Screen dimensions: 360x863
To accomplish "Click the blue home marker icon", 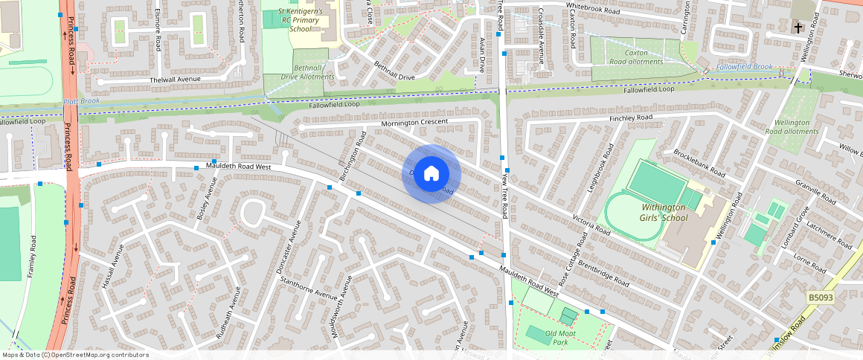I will click(431, 174).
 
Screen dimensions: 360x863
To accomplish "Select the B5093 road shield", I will click(821, 298).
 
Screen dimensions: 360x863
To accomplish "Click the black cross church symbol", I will click(798, 29).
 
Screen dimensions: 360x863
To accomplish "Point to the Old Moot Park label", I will click(556, 338).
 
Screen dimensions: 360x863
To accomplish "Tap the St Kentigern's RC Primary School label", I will click(301, 20).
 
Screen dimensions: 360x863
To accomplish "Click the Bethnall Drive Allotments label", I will click(309, 71).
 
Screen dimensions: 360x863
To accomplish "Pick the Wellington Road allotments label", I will click(792, 126).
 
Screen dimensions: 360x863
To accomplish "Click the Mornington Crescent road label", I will click(414, 122).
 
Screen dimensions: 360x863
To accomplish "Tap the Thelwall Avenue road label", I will click(176, 80).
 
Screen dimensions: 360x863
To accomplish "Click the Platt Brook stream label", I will click(81, 101).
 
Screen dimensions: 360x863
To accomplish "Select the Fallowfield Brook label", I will click(745, 67).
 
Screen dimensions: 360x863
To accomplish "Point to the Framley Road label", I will click(31, 257).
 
